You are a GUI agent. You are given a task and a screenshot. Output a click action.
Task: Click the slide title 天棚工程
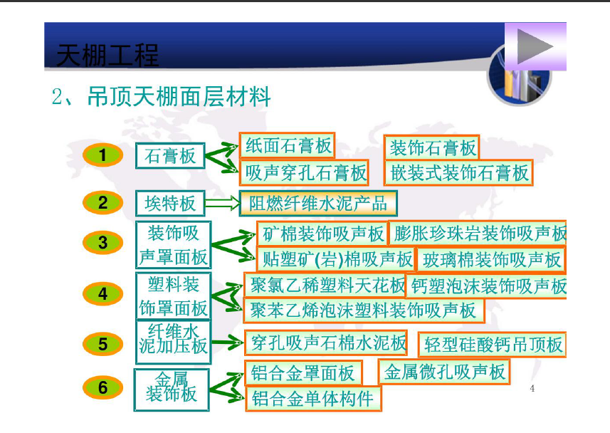pos(107,56)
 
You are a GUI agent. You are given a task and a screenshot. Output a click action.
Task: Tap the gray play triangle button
pos(533,46)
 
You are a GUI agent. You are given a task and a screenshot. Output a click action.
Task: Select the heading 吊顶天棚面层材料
pos(179,97)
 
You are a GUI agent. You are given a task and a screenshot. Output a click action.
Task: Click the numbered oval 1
pos(102,155)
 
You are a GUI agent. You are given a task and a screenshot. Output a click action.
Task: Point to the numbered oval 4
pos(102,293)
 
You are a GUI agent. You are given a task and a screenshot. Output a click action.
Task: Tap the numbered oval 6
pos(102,387)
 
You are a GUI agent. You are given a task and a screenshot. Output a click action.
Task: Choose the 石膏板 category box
pos(170,156)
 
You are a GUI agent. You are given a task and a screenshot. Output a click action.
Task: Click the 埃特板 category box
pos(170,203)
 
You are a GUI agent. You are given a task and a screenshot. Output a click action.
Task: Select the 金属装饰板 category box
pos(172,390)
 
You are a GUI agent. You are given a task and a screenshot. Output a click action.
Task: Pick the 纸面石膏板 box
pos(288,145)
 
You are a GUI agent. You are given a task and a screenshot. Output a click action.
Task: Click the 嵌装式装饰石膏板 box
pos(458,172)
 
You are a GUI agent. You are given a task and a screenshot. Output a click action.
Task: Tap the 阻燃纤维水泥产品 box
pos(318,203)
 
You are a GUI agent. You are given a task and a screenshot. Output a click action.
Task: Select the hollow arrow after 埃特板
pos(222,203)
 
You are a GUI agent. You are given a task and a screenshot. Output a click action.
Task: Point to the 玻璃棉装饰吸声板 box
pos(491,260)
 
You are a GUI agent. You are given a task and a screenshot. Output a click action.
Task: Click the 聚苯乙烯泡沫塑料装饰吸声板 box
pos(364,311)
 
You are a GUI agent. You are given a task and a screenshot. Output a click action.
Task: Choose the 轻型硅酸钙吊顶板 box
pos(492,344)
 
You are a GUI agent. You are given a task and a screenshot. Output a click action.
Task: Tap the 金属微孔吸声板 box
pos(444,372)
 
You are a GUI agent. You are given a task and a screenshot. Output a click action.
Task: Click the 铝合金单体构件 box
pos(313,398)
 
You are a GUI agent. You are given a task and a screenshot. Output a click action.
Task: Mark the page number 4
pos(532,388)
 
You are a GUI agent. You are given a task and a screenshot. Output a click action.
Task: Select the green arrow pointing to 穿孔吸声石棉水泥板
pos(227,343)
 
